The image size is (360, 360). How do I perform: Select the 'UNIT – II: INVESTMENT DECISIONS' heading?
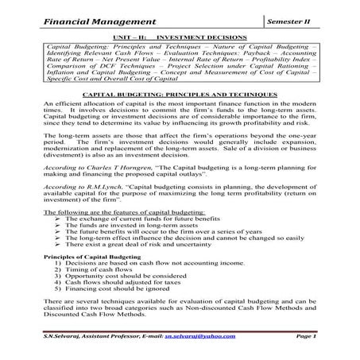point(180,37)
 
